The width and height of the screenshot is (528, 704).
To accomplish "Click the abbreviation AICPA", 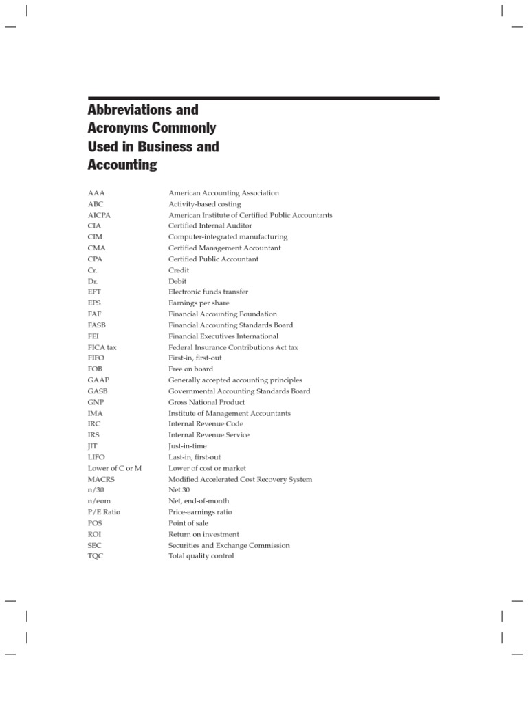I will (99, 215).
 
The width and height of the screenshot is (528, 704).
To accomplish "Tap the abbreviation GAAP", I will (98, 380).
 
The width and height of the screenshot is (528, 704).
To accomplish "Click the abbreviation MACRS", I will (101, 479).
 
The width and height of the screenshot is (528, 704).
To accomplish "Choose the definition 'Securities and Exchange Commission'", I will (229, 545).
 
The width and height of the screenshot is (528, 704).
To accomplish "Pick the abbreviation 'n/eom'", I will (99, 501).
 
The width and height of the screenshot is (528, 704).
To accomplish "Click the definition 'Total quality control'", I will (201, 556).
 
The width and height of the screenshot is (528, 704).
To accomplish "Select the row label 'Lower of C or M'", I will (114, 468).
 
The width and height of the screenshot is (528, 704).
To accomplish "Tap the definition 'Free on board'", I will (190, 369).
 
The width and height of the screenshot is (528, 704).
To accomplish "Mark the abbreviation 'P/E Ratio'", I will (102, 512).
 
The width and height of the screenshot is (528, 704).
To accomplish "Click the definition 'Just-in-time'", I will (188, 446).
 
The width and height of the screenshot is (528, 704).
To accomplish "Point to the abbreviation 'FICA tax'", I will (102, 347).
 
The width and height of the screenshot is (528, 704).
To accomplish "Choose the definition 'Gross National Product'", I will (206, 402).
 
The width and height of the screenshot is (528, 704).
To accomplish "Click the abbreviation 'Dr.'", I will (93, 281).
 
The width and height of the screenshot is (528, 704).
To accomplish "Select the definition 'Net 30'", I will (179, 490).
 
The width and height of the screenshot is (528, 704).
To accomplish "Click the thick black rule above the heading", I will (263, 98).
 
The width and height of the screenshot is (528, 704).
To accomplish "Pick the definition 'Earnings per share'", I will (199, 303).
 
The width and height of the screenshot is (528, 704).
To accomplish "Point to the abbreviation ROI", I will (94, 534).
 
